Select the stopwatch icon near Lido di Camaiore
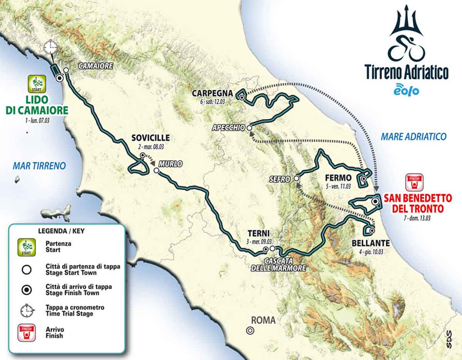point(50,47)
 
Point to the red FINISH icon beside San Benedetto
point(414,182)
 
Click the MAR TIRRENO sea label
point(39,166)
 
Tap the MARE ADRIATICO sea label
point(413,136)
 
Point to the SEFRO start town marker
point(296,178)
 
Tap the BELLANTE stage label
point(370,243)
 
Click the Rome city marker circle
point(250,330)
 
